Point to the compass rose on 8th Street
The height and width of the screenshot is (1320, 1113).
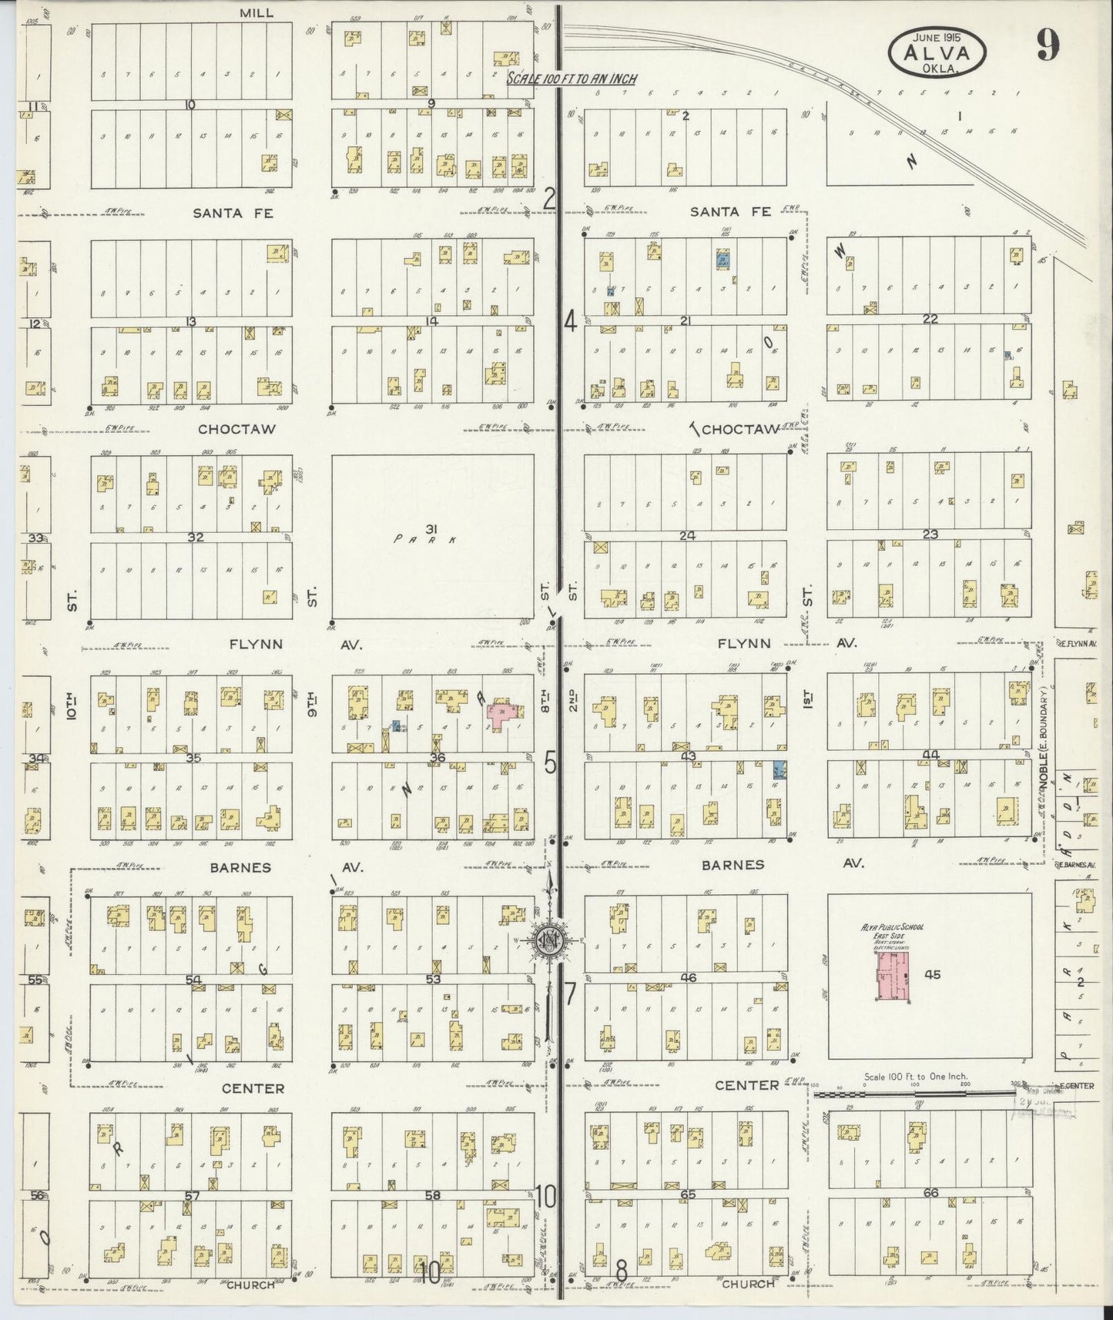pos(550,940)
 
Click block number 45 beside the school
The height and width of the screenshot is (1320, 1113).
pos(933,975)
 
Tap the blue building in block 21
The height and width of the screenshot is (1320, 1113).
pos(722,259)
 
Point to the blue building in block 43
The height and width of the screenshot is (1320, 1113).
pos(779,769)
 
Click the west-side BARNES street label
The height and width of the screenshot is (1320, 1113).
pos(241,867)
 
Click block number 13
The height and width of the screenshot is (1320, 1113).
pos(190,321)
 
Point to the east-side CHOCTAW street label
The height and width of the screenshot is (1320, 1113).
pos(737,429)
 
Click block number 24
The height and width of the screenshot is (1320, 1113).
pos(687,534)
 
